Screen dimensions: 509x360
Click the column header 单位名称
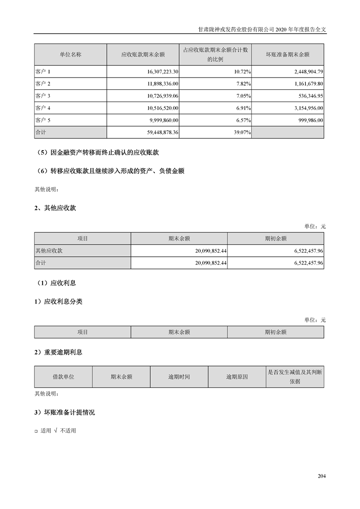click(70, 54)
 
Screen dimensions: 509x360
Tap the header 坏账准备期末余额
click(287, 54)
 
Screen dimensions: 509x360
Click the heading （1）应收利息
click(57, 283)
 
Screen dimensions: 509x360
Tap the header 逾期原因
click(237, 377)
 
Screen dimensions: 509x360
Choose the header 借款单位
click(64, 377)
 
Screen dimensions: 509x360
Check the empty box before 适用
click(36, 431)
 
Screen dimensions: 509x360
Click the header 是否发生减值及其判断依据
click(295, 377)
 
